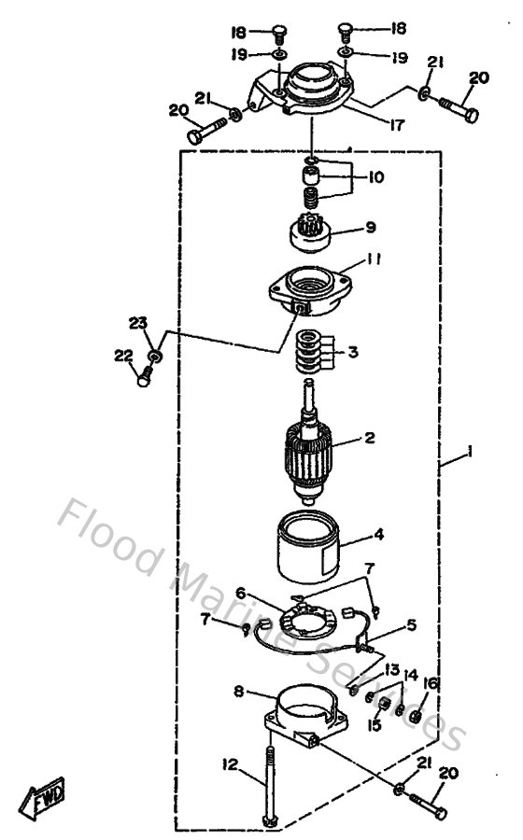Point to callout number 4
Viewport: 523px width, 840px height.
tap(378, 536)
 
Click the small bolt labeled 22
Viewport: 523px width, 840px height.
tap(144, 377)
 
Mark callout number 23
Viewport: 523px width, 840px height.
tap(138, 323)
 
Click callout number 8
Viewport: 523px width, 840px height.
tap(239, 692)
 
